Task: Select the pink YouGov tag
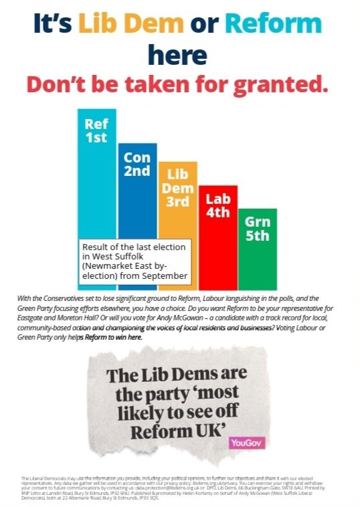tap(242, 443)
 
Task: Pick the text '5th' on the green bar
tap(258, 236)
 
